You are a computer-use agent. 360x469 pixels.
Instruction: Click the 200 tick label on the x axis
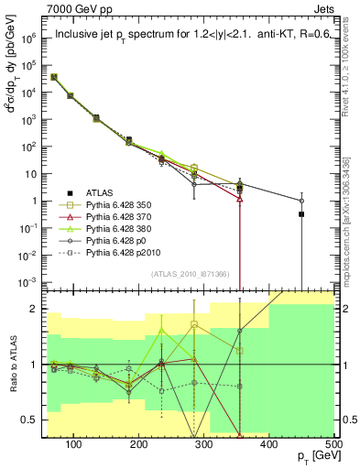[139, 444]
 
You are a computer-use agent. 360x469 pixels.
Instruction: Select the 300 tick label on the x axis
[203, 444]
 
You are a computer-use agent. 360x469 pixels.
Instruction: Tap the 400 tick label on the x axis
[268, 444]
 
